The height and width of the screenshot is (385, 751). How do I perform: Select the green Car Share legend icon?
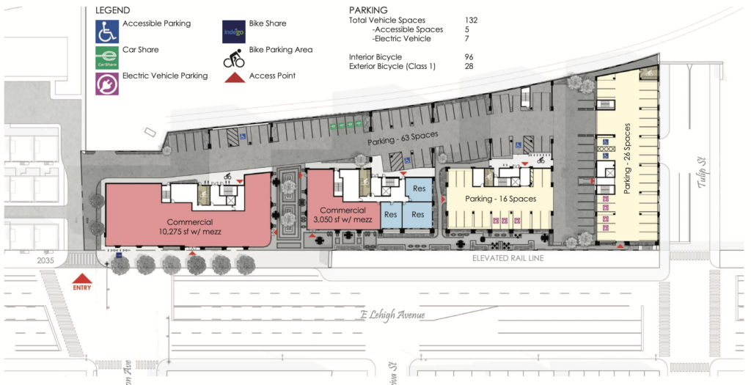click(x=107, y=58)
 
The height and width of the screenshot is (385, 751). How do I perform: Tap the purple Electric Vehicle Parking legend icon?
click(x=107, y=81)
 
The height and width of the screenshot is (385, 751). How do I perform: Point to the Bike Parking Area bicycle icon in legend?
click(x=234, y=57)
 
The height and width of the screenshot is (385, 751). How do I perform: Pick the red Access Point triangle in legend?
click(x=234, y=76)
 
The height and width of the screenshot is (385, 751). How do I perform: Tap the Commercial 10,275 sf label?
click(x=189, y=227)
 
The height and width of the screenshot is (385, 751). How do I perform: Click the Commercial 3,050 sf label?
click(x=338, y=215)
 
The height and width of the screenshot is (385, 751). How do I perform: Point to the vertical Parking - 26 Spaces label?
click(x=627, y=158)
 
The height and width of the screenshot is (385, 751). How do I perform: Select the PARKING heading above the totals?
click(x=368, y=10)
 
